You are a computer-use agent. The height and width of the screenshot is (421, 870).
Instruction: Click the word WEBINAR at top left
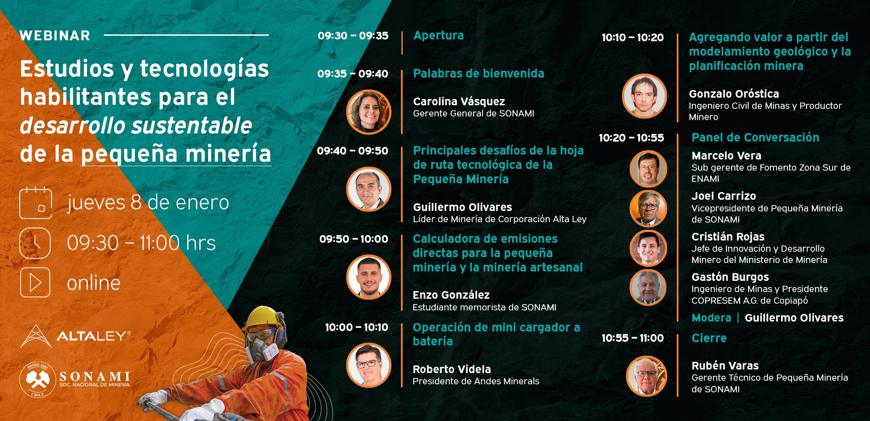[55, 35]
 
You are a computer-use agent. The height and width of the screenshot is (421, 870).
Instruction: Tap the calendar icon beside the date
[35, 203]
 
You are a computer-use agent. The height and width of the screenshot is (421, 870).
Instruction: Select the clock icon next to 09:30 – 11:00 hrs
[35, 243]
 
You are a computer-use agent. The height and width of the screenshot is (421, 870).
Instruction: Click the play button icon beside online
[35, 283]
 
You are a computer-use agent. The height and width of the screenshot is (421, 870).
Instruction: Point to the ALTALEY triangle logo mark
[36, 336]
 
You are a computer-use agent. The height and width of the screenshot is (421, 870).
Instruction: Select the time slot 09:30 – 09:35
[353, 36]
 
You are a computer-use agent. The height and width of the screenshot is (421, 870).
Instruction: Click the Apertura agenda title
[439, 35]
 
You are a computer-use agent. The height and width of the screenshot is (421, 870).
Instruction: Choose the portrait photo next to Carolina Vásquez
[369, 112]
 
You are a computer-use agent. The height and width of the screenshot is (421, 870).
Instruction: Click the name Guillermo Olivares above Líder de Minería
[462, 207]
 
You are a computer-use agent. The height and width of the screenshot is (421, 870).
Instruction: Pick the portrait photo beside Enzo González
[369, 277]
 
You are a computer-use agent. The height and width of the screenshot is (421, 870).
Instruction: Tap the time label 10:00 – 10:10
[357, 327]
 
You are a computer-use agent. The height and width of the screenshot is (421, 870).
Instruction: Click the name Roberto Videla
[452, 369]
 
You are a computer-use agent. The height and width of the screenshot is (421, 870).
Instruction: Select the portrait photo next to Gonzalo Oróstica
[644, 96]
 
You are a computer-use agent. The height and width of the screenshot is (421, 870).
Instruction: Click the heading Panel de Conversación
[755, 137]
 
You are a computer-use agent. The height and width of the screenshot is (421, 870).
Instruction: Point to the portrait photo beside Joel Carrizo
[648, 208]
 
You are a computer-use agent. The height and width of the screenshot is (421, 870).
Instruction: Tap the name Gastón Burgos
[730, 277]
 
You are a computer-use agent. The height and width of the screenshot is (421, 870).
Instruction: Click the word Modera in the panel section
[711, 318]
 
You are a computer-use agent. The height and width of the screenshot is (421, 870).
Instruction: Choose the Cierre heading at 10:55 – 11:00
[709, 338]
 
